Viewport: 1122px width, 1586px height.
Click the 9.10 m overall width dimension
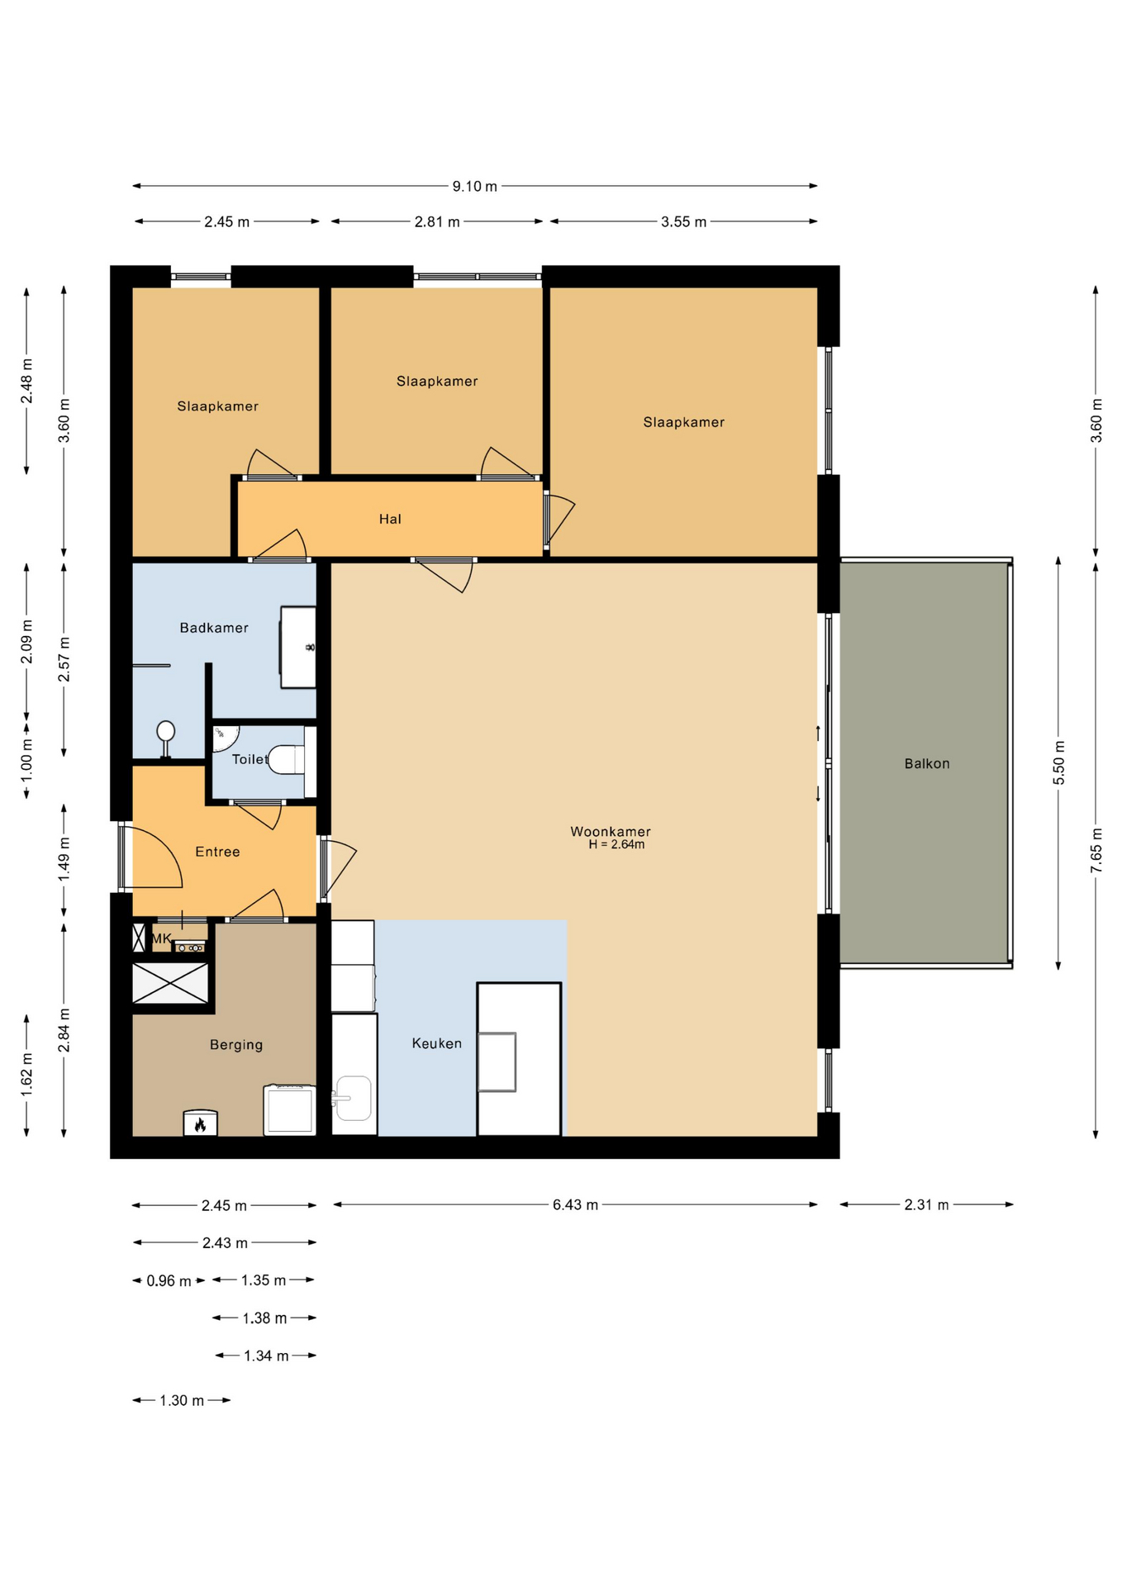pyautogui.click(x=474, y=186)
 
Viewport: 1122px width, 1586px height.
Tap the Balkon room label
pyautogui.click(x=927, y=763)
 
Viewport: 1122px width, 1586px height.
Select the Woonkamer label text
pyautogui.click(x=611, y=831)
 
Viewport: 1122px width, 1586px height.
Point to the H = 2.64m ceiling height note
pyautogui.click(x=616, y=844)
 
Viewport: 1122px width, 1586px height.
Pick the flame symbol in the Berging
pyautogui.click(x=200, y=1123)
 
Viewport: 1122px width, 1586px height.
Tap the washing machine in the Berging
pyautogui.click(x=290, y=1110)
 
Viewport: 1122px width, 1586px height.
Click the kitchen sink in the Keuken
pyautogui.click(x=353, y=1098)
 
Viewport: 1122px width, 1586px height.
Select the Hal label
pyautogui.click(x=390, y=519)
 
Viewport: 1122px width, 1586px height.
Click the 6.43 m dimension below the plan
pyautogui.click(x=575, y=1204)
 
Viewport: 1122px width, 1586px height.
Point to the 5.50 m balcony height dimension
pyautogui.click(x=1058, y=763)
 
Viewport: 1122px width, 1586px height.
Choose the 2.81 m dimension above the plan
pyautogui.click(x=437, y=221)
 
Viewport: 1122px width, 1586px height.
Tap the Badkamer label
pyautogui.click(x=214, y=628)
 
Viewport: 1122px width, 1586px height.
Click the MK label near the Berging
pyautogui.click(x=162, y=938)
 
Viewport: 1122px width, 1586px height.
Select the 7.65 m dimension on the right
pyautogui.click(x=1096, y=850)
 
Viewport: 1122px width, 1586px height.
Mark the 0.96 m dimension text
pyautogui.click(x=169, y=1281)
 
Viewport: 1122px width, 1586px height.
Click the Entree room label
pyautogui.click(x=217, y=852)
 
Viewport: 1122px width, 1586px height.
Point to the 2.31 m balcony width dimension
pyautogui.click(x=926, y=1204)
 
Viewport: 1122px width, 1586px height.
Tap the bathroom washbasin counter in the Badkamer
pyautogui.click(x=298, y=648)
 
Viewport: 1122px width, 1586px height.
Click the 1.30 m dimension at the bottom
pyautogui.click(x=182, y=1400)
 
